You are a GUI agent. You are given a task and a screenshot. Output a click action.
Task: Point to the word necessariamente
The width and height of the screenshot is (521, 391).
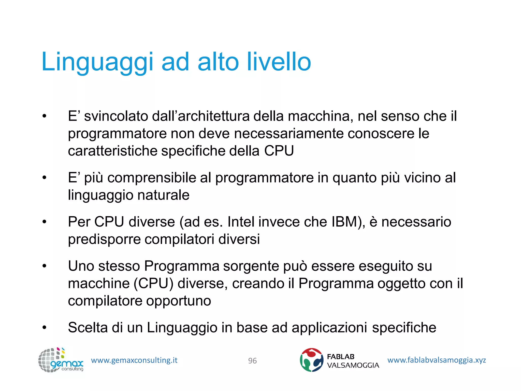click(289, 133)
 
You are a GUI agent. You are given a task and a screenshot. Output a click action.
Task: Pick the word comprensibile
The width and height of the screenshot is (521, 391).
click(152, 178)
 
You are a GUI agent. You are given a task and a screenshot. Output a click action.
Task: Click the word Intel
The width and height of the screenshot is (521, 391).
click(241, 222)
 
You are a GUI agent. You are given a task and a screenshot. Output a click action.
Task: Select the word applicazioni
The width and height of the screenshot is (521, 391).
click(329, 328)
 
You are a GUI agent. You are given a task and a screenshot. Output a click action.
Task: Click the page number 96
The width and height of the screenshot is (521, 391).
click(252, 361)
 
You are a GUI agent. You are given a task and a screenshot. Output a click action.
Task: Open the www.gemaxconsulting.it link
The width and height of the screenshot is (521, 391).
click(134, 360)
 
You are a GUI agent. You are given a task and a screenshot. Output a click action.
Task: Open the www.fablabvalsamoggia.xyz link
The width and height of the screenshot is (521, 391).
click(437, 360)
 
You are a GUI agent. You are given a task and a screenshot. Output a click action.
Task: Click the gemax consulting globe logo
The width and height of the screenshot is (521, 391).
click(61, 360)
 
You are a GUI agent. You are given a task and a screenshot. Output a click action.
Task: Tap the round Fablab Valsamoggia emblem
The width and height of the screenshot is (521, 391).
click(311, 360)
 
